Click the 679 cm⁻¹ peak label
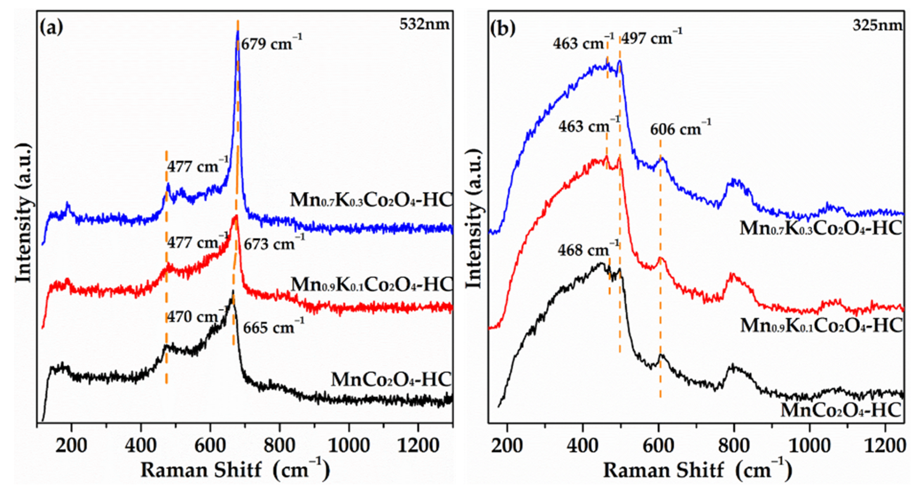click(271, 44)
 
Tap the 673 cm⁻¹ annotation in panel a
click(274, 244)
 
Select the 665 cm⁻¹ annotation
click(274, 327)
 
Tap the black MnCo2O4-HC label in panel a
click(391, 379)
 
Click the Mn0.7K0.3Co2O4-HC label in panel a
click(371, 200)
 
